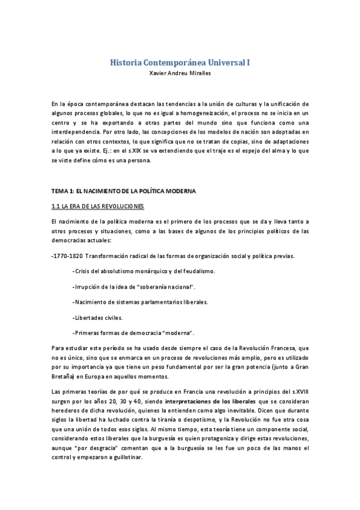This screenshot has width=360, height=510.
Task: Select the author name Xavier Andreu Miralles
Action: [180, 73]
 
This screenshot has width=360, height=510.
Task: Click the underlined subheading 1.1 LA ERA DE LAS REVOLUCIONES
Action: [99, 206]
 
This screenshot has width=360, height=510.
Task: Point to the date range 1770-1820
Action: [68, 256]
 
